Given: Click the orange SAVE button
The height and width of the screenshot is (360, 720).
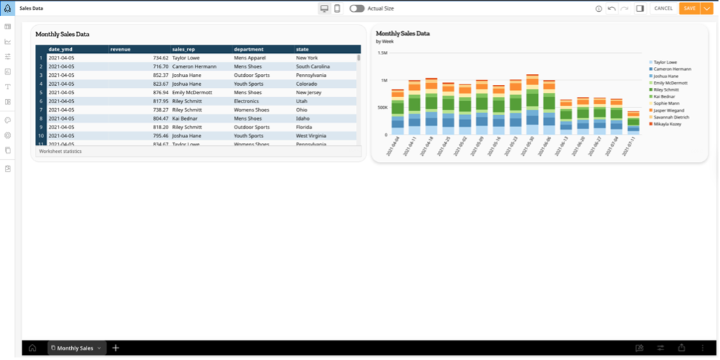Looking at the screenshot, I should pos(689,8).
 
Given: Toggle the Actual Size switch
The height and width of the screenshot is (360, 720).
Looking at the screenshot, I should pos(357,8).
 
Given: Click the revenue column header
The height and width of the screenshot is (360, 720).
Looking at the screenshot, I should pos(121,50).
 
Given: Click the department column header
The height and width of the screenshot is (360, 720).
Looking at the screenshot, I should pos(249,50).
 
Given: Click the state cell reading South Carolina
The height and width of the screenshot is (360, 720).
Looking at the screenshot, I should pos(313,66).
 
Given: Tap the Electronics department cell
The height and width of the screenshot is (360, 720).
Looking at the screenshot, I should pos(248,101).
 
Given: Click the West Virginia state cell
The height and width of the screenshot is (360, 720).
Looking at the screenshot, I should pos(311,135).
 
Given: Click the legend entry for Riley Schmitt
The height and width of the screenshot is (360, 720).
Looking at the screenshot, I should pos(668,90).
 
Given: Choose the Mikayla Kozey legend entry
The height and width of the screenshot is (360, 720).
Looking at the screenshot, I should pos(668,124).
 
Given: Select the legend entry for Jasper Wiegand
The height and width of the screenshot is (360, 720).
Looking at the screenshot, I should pos(669,110).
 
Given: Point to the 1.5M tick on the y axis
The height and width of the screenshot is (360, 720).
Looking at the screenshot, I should pos(382,52).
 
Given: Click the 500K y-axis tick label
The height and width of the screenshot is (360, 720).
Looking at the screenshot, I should pos(382,107).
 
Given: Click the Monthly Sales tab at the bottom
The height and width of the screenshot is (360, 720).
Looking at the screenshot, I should pos(75,347).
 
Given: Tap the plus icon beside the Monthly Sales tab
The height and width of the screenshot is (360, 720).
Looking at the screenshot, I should pos(116,347).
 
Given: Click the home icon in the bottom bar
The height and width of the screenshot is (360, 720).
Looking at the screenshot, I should pos(32,347).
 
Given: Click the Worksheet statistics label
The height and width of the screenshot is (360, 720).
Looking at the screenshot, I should pos(61,151).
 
